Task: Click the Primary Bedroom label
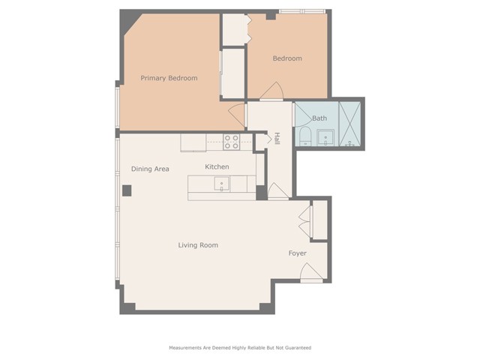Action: point(169,78)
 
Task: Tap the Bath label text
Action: point(319,118)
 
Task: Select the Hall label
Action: point(277,138)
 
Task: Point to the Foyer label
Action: point(298,253)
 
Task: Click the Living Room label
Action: point(198,245)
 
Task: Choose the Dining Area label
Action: point(150,169)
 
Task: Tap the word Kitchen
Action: point(217,166)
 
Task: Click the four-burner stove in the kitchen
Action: point(231,142)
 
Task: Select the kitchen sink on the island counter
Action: point(222,184)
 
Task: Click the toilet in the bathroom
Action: point(305,136)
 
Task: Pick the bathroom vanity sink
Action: point(325,137)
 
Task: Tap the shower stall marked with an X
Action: point(350,124)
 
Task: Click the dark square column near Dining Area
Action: point(127,190)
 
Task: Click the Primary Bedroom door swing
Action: point(238,115)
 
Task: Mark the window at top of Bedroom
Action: point(302,11)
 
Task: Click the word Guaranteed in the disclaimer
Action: point(297,348)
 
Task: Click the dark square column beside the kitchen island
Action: point(262,193)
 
